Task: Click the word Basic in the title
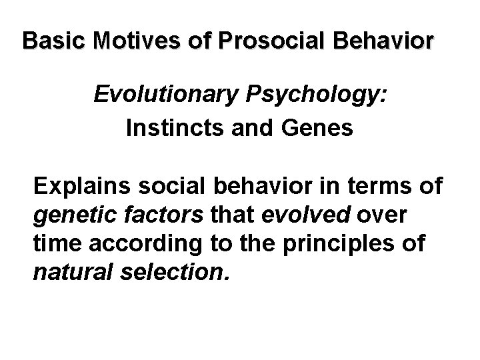coord(48,41)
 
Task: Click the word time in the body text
coord(54,245)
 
